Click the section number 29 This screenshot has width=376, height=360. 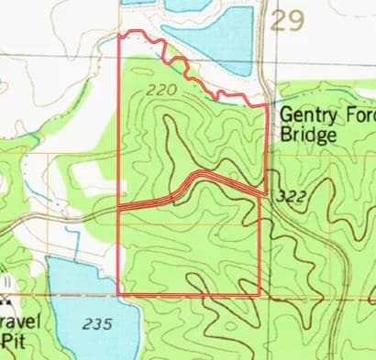pos(287,21)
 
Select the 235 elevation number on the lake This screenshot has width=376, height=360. pos(94,324)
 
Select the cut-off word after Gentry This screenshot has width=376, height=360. pos(359,116)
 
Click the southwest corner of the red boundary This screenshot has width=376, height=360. pos(120,295)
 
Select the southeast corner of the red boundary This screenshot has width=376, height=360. pos(260,295)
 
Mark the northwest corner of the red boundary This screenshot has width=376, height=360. pos(122,34)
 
